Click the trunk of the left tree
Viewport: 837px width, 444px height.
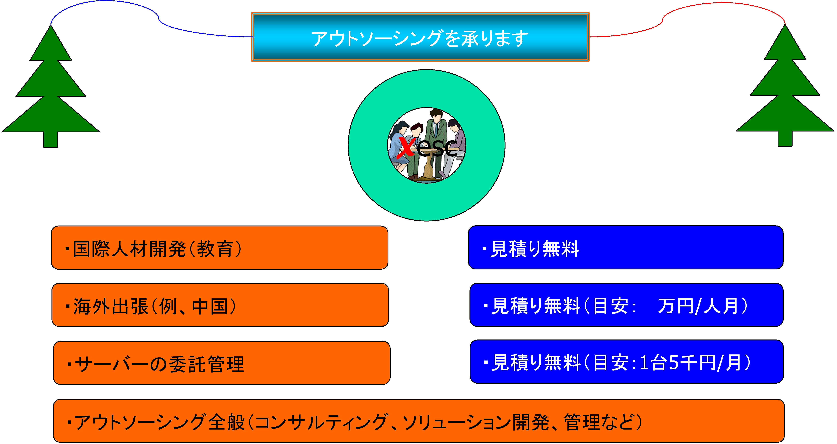click(x=51, y=139)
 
